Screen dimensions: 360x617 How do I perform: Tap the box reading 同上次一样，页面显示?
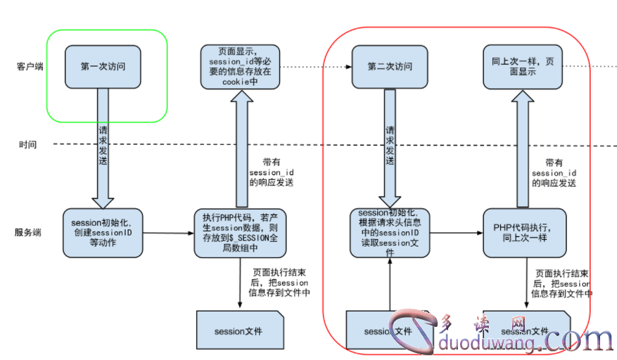coord(523,67)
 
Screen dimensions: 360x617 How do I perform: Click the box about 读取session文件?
coord(389,233)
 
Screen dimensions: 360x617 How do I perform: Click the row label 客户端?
coord(30,67)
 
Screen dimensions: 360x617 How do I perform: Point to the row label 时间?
coord(27,144)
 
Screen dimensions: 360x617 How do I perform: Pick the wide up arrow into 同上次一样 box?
coord(523,148)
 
